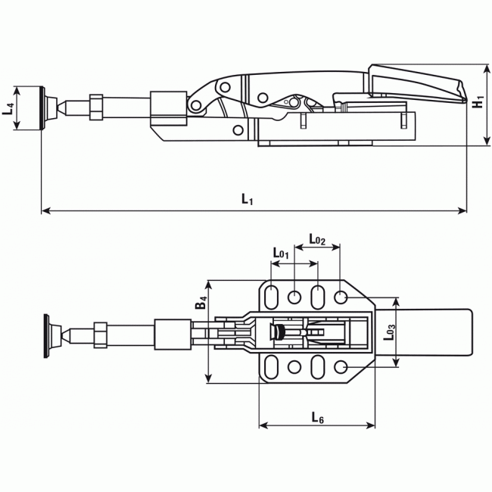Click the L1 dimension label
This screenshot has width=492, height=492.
coord(247,199)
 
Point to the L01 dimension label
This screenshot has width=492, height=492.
coord(281,254)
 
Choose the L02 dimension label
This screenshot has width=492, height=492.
coord(316,240)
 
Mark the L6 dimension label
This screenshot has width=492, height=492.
coord(318,417)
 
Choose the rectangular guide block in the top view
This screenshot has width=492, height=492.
coord(171,334)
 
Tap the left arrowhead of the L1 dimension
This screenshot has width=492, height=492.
coord(44,210)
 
